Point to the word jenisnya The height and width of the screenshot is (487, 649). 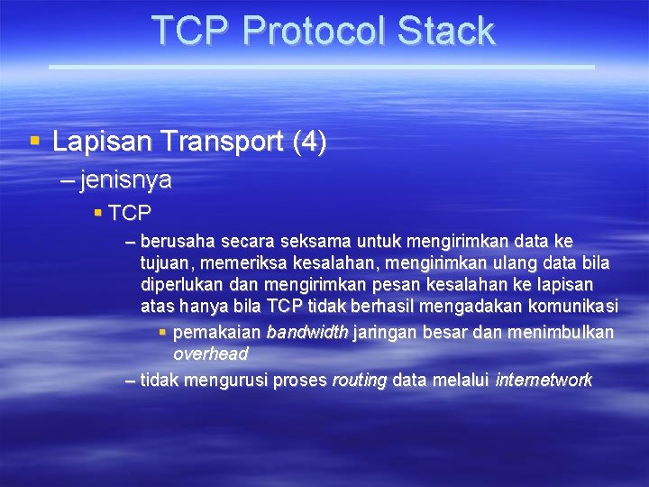click(126, 180)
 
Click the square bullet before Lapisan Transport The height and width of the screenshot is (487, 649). click(35, 142)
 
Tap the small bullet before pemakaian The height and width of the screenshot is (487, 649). click(162, 333)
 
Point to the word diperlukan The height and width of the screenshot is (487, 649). click(186, 285)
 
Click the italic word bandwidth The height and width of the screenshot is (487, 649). click(307, 333)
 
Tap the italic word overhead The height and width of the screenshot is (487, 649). click(210, 354)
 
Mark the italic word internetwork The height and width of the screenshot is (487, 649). click(544, 381)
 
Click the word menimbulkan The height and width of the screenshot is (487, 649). click(559, 333)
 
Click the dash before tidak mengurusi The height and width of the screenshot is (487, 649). click(131, 381)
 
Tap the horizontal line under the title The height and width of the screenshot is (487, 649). click(321, 67)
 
